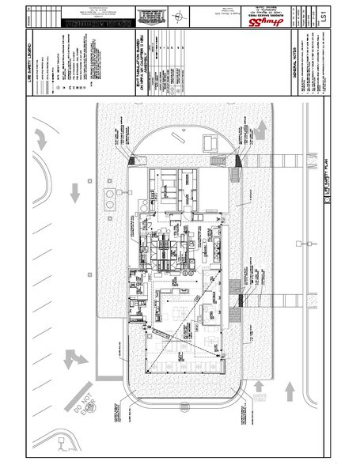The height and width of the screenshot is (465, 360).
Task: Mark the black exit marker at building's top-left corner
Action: tap(130, 160)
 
